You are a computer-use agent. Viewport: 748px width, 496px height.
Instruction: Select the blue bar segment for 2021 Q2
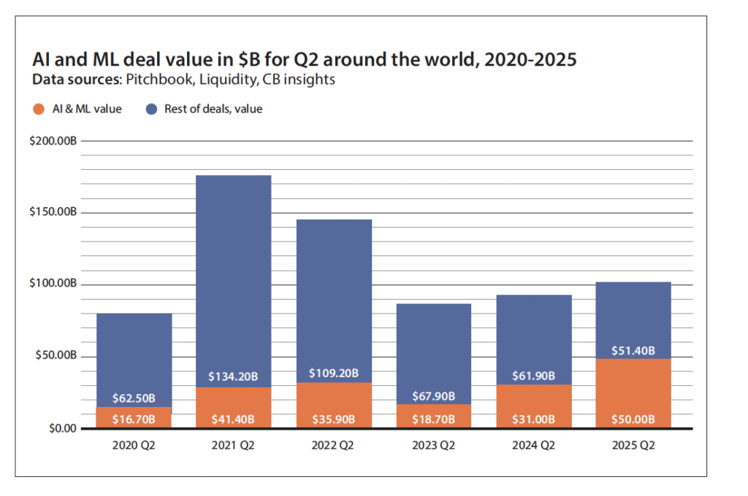(x=234, y=277)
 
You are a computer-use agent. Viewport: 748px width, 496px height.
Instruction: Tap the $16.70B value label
(x=134, y=419)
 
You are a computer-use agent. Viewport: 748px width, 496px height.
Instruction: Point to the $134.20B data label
(x=234, y=377)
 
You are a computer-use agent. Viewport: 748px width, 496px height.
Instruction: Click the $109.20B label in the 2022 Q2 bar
(x=334, y=373)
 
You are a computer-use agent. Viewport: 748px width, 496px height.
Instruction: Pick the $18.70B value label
(x=433, y=419)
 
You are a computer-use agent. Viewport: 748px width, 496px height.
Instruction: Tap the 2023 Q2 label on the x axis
(x=433, y=443)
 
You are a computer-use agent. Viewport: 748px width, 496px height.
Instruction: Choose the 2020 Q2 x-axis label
(x=134, y=443)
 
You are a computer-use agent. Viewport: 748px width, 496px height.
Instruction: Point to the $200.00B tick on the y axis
(x=53, y=141)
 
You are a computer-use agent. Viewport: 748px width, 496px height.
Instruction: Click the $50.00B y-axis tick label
(x=56, y=357)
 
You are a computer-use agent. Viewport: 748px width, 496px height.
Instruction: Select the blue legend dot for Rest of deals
(x=150, y=109)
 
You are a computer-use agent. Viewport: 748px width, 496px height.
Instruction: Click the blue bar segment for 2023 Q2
(x=433, y=350)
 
